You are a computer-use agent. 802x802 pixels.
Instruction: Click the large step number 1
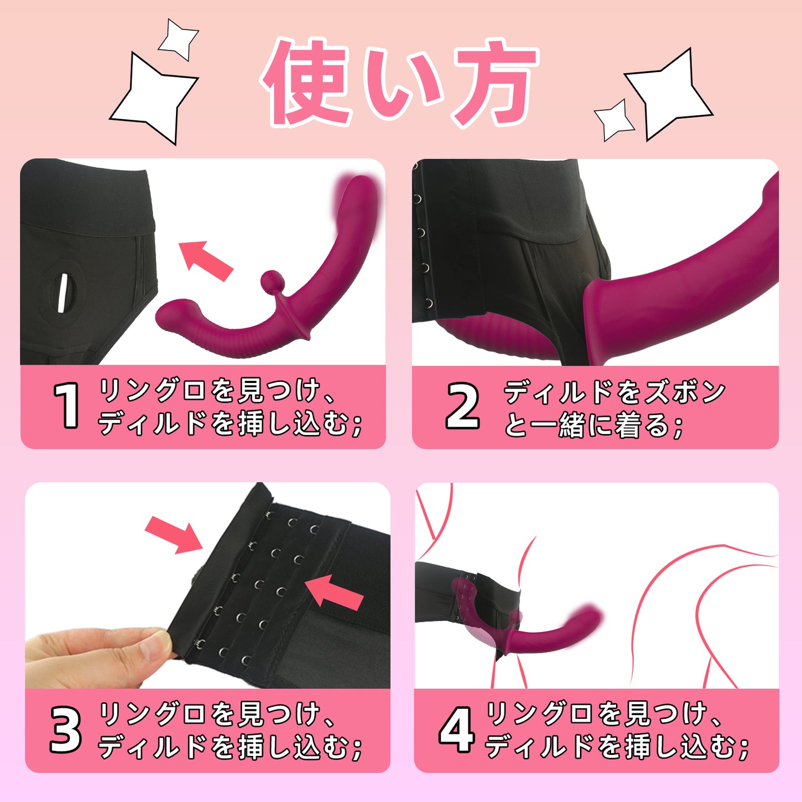pyautogui.click(x=67, y=405)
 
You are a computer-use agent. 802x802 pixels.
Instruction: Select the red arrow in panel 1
pyautogui.click(x=205, y=260)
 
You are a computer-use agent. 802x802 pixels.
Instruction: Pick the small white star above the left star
pyautogui.click(x=178, y=39)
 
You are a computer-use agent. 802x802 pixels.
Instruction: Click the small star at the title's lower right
pyautogui.click(x=613, y=120)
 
